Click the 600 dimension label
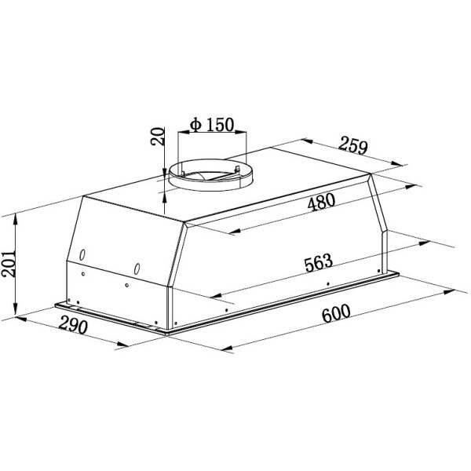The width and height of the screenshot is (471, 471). click(x=336, y=313)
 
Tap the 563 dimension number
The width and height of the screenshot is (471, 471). click(x=319, y=263)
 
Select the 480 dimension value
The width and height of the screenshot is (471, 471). click(x=321, y=202)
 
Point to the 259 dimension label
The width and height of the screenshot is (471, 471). click(x=353, y=145)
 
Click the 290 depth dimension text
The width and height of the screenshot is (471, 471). click(x=73, y=325)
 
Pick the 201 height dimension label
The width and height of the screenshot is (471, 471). click(x=8, y=263)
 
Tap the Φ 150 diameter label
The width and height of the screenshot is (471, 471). click(x=212, y=125)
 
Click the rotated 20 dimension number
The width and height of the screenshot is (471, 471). click(x=158, y=137)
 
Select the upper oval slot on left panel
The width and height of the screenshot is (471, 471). click(x=82, y=255)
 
